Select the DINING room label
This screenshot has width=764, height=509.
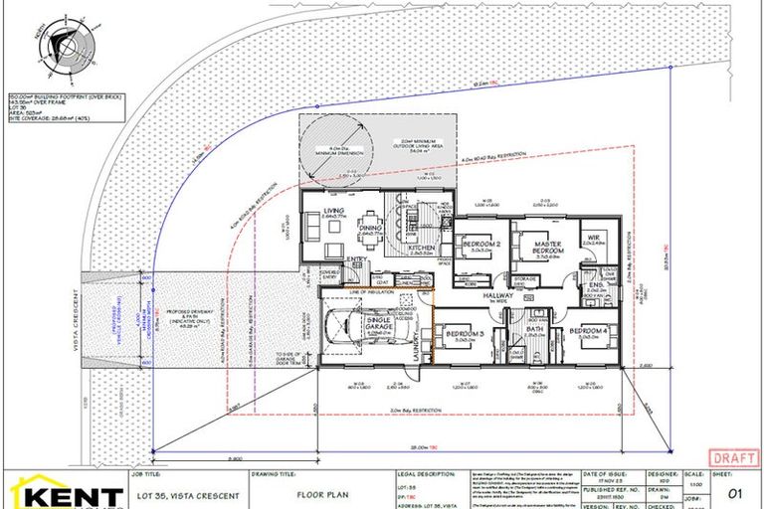point(371,226)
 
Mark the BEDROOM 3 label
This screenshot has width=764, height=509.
point(466,333)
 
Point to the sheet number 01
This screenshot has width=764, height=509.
point(736,491)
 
